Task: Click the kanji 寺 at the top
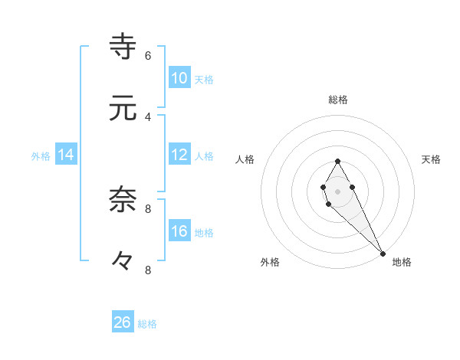coord(123,46)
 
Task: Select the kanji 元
coord(123,109)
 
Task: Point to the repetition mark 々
coord(123,261)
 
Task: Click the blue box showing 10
coord(179,78)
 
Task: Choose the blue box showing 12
coord(179,155)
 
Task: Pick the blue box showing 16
coord(179,231)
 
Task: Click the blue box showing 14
coord(66,155)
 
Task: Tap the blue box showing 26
coord(123,322)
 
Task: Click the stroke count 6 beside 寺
coord(148,55)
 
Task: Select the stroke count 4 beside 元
coord(148,116)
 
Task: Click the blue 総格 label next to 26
coord(147,324)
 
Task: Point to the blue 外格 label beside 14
coord(41,156)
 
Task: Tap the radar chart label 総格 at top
coord(338,100)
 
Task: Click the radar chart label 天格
coord(432,159)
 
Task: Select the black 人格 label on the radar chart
coord(245,159)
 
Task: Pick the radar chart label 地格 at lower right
coord(402,262)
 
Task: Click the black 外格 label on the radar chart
coord(270,262)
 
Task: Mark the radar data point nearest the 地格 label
coord(383,253)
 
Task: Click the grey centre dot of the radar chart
coord(337,190)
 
